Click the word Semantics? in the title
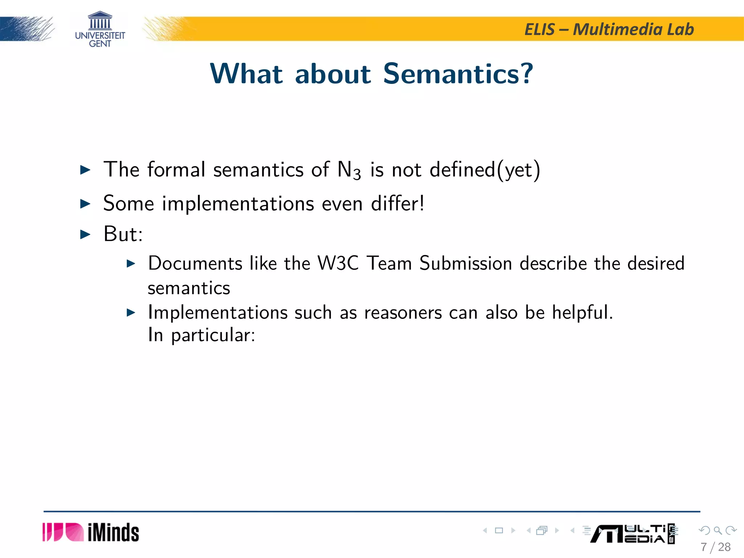point(458,74)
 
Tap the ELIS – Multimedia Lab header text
point(609,29)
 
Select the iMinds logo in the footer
point(91,532)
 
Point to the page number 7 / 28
point(715,547)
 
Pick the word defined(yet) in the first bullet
point(485,170)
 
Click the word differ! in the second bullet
point(397,203)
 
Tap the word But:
point(123,234)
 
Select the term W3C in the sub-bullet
point(338,263)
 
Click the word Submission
point(465,263)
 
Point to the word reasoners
point(403,313)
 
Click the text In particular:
point(202,335)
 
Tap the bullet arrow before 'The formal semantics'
point(85,170)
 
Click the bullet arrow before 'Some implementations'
point(85,203)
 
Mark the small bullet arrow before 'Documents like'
point(131,263)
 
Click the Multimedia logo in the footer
point(632,534)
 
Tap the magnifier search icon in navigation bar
point(717,530)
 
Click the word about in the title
point(333,74)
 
